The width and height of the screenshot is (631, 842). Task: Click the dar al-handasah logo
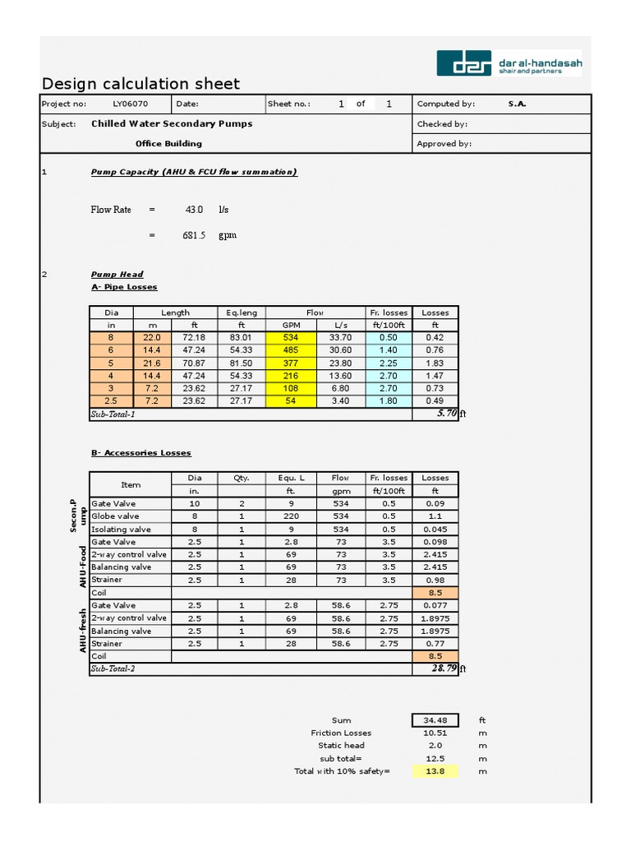pos(509,63)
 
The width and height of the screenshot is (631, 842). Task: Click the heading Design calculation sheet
pos(140,84)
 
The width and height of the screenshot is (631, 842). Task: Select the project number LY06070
pos(131,104)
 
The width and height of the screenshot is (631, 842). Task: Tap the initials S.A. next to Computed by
pos(517,104)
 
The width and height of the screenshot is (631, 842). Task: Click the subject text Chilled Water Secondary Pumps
pos(172,123)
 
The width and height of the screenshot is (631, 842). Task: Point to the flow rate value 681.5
pos(194,235)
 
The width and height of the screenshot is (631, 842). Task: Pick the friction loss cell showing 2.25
pos(389,363)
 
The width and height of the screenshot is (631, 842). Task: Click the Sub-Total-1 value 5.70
pos(446,414)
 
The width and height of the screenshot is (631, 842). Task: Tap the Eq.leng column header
pos(242,312)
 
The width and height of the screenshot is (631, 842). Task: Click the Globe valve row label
pos(115,516)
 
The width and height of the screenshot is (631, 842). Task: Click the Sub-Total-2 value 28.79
pos(443,669)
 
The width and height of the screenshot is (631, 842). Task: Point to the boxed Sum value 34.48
pos(435,720)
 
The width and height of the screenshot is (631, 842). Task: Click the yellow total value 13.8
pos(435,771)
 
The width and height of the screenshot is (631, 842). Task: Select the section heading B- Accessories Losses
pos(140,453)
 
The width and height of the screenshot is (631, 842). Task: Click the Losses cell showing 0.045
pos(435,530)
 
